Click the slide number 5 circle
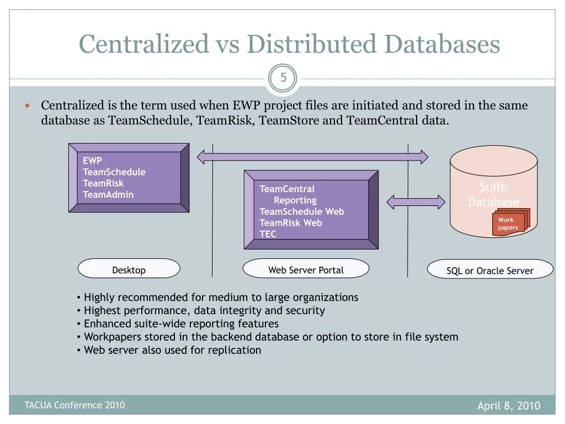click(x=283, y=78)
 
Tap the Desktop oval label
click(x=129, y=270)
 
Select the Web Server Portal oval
click(x=306, y=270)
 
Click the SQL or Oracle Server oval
click(x=490, y=271)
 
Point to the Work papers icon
click(x=509, y=223)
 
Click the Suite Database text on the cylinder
click(x=493, y=194)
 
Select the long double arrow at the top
click(x=312, y=157)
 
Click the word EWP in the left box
click(x=92, y=161)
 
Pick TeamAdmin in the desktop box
click(x=108, y=194)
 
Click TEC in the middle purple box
click(x=268, y=234)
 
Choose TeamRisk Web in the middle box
click(x=290, y=223)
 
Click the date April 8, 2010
click(x=508, y=406)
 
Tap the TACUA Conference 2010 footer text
click(x=74, y=405)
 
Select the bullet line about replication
click(x=172, y=350)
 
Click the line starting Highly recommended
click(x=221, y=297)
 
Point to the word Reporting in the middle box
click(x=295, y=200)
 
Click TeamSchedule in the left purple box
click(x=114, y=172)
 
